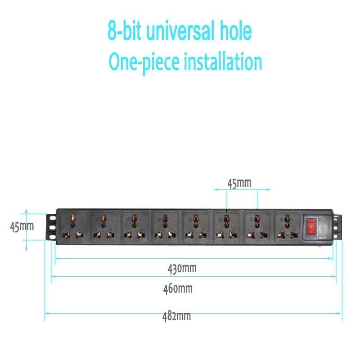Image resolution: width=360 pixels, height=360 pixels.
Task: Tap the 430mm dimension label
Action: click(182, 269)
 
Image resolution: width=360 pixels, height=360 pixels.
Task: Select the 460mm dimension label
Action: click(178, 288)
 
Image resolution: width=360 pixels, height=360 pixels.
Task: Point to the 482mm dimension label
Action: click(176, 316)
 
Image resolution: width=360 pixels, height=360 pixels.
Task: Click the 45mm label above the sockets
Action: click(239, 183)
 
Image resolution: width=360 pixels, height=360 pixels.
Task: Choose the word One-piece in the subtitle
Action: click(144, 62)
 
